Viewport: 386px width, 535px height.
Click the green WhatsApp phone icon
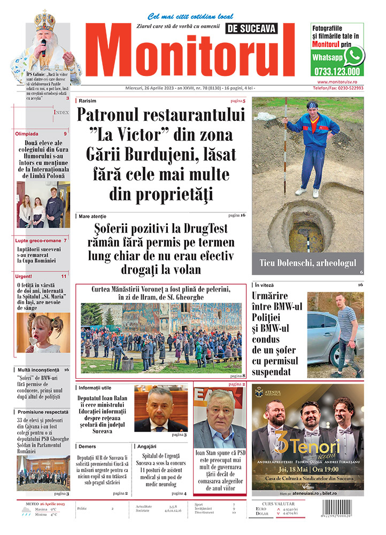point(354,56)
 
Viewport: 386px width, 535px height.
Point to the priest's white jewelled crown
point(45,22)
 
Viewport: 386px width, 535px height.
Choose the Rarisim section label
point(88,101)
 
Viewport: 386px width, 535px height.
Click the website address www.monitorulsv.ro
point(339,82)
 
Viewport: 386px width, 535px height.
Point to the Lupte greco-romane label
point(37,241)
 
